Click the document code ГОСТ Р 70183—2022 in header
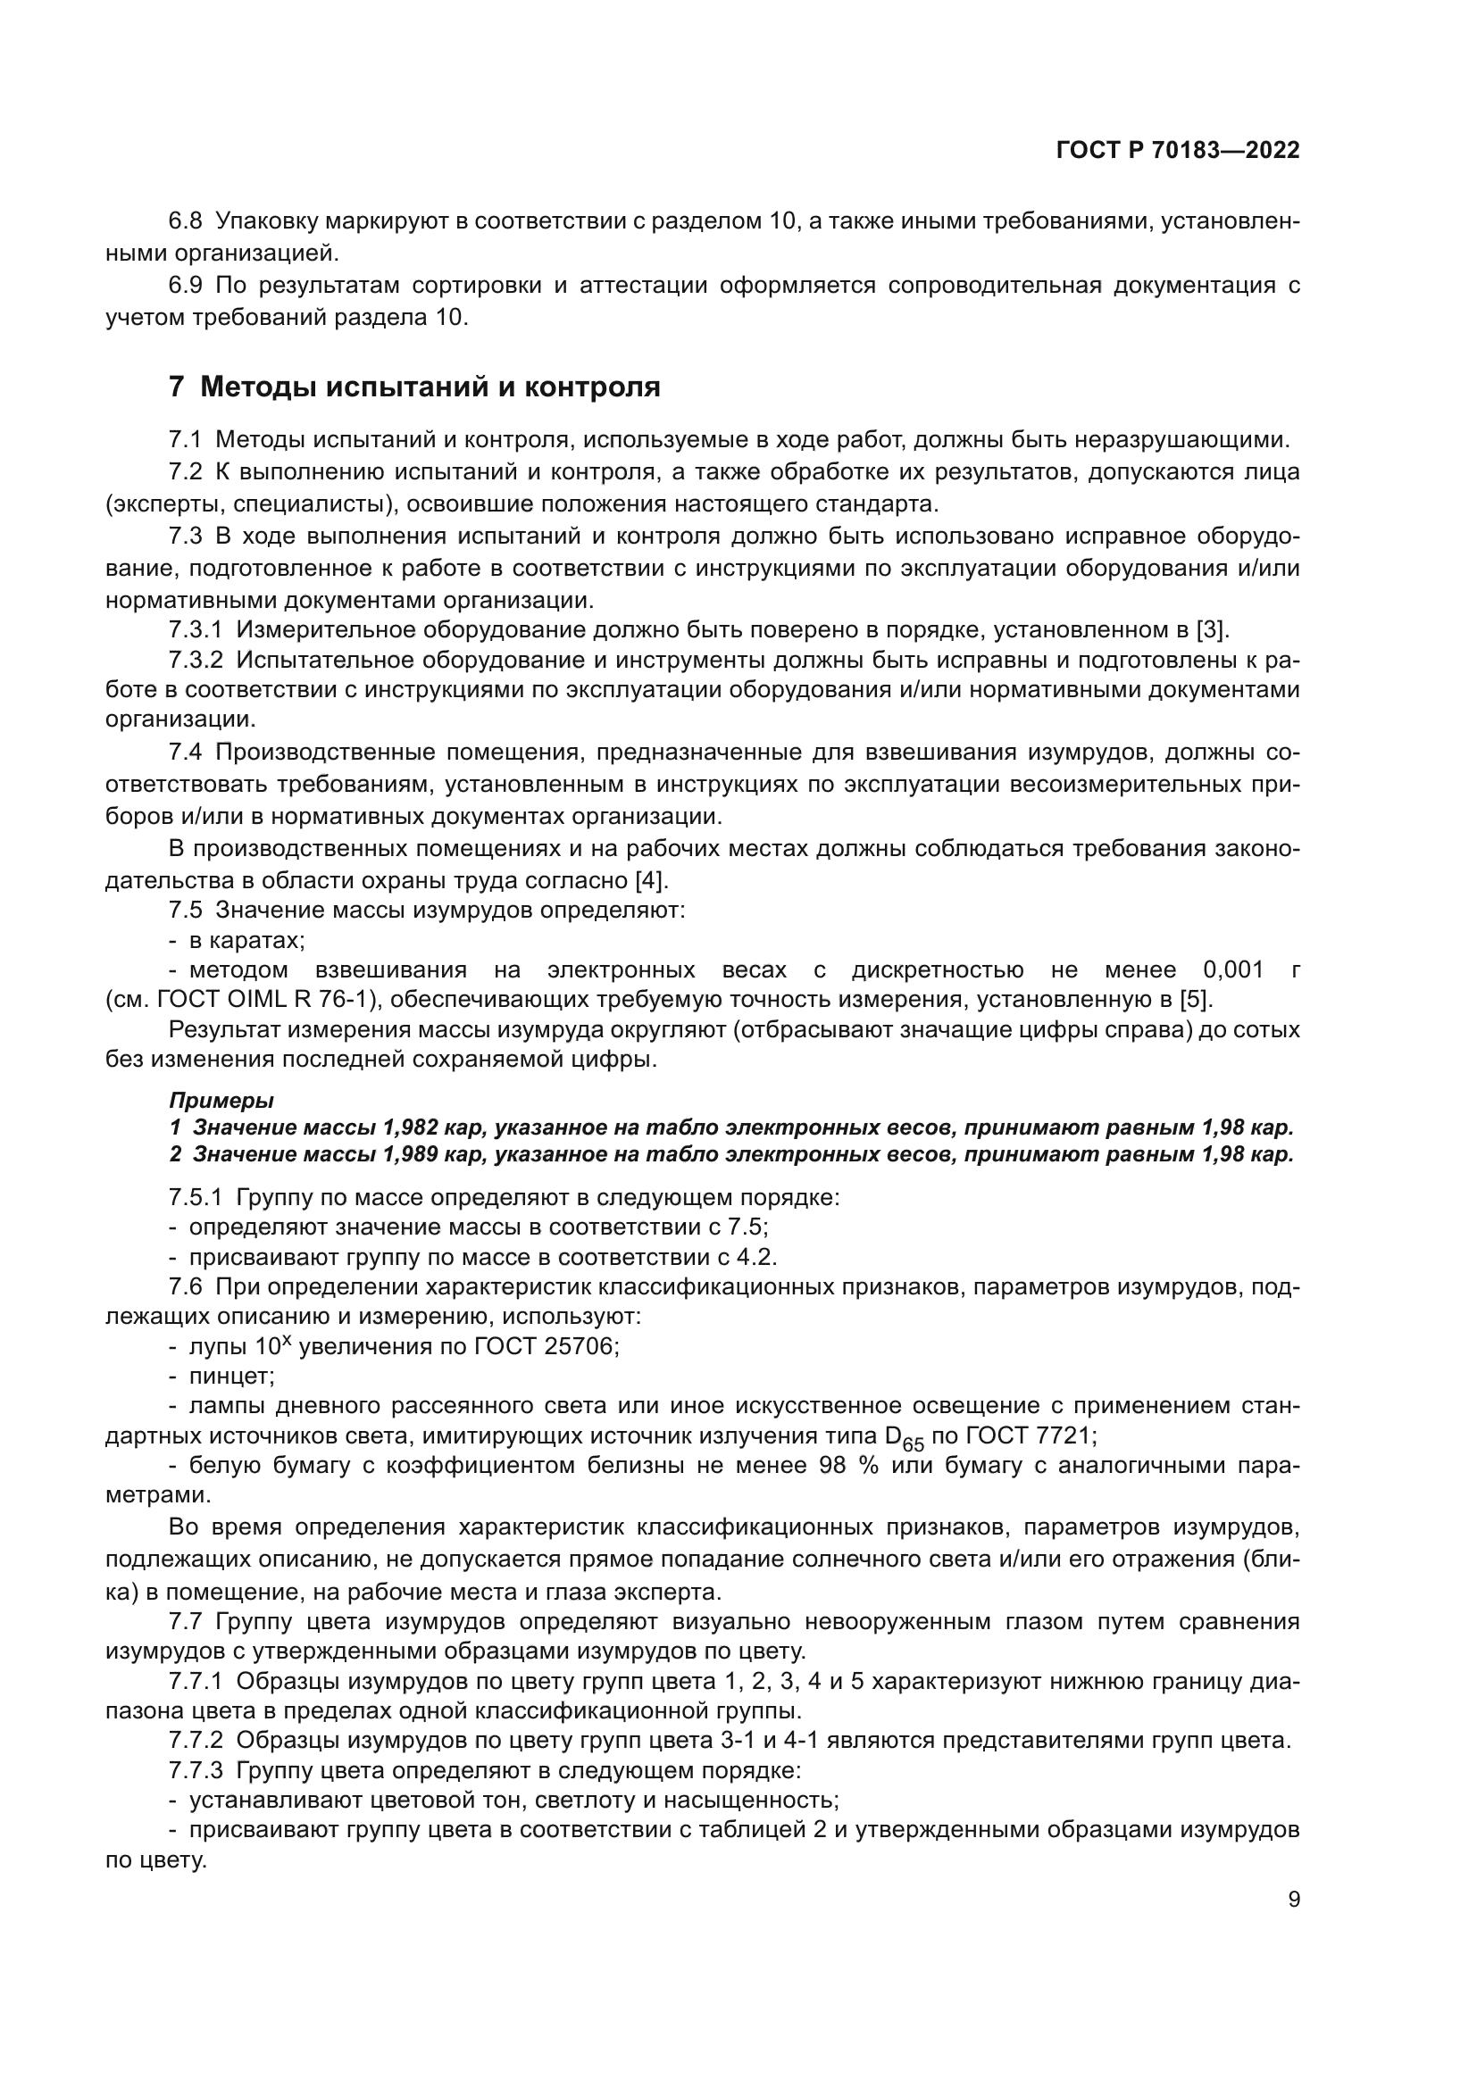[1178, 150]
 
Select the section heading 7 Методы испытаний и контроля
[414, 387]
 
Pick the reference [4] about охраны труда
[651, 879]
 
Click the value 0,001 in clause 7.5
[1233, 969]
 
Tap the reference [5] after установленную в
[1196, 1000]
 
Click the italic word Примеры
[221, 1101]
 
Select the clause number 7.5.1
[196, 1198]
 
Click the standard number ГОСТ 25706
[546, 1347]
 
